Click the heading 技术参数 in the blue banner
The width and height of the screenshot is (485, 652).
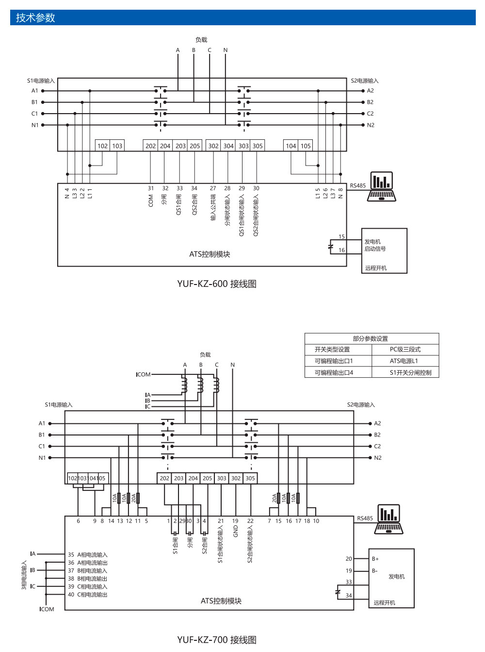point(35,18)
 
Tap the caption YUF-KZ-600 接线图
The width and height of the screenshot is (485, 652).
point(216,284)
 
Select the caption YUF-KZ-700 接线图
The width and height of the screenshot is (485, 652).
point(216,639)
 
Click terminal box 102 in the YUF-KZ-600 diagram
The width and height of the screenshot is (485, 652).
point(102,146)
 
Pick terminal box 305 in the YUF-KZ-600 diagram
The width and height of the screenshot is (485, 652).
point(258,146)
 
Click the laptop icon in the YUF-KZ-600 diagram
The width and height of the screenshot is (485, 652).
point(382,187)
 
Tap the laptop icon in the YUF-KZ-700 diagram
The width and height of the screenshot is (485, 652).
point(388,519)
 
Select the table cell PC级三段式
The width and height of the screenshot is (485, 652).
point(405,350)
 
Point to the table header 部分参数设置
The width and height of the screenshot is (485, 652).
point(371,339)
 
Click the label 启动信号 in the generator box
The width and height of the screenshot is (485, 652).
point(375,249)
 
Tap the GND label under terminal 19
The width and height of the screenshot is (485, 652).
point(236,531)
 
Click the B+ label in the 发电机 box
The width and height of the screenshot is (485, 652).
point(375,559)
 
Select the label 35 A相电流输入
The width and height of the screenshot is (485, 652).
point(88,555)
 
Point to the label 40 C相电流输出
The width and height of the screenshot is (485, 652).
point(88,595)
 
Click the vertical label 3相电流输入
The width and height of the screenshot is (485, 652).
point(24,575)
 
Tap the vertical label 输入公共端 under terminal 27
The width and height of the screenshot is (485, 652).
point(213,208)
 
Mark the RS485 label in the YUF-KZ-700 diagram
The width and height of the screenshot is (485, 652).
point(365,518)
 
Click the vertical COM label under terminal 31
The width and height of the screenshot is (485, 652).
point(151,201)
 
